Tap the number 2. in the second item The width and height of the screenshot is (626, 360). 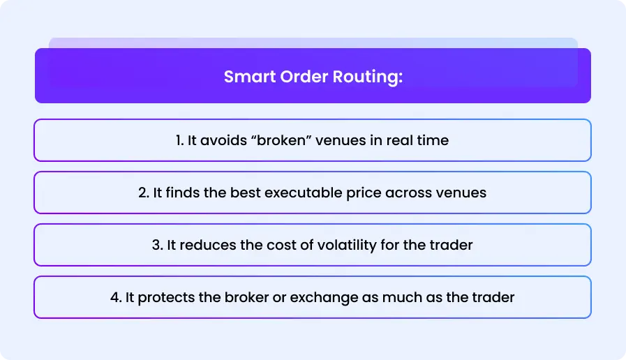pos(144,193)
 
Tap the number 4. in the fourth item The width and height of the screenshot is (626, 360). pos(116,297)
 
